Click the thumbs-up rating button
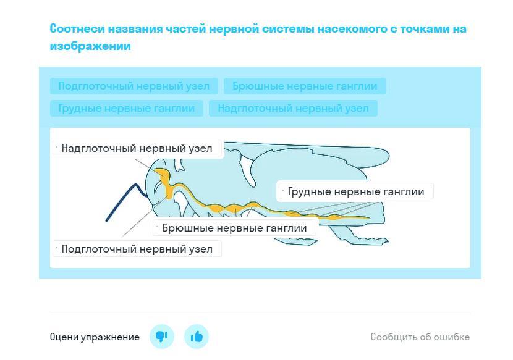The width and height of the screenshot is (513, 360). coord(197,337)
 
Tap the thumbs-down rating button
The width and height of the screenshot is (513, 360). coord(162,337)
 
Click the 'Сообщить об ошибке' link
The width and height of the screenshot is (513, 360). coord(420,337)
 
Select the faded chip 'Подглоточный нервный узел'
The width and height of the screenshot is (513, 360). coord(134,86)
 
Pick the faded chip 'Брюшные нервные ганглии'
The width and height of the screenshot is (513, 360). coord(305,86)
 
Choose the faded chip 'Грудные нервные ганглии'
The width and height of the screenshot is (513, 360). coord(127,108)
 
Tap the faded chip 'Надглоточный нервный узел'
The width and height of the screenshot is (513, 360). coord(293,108)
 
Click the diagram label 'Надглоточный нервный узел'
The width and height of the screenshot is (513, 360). coord(137,148)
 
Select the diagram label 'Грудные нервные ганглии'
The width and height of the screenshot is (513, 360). coord(356,191)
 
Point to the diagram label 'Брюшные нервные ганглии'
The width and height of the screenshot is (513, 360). coord(235,228)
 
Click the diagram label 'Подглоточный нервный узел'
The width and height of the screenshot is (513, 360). coord(137,249)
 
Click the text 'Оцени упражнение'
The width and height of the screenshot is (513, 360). coord(95,337)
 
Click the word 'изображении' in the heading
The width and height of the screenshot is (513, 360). coord(90,46)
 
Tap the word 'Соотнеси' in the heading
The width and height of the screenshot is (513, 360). coord(77,29)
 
